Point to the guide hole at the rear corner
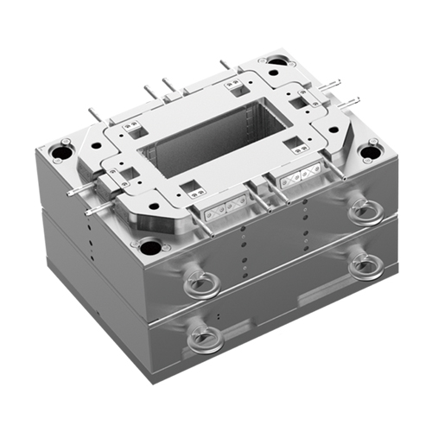click(x=277, y=63)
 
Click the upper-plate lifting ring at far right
click(x=359, y=212)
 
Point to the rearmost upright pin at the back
click(x=225, y=66)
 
